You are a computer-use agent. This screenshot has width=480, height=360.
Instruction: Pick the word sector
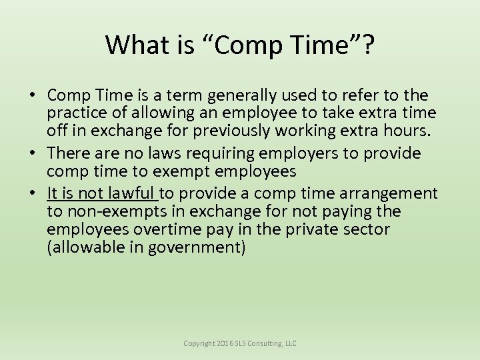pyautogui.click(x=366, y=229)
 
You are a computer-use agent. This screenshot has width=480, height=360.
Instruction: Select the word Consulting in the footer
pyautogui.click(x=267, y=343)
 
